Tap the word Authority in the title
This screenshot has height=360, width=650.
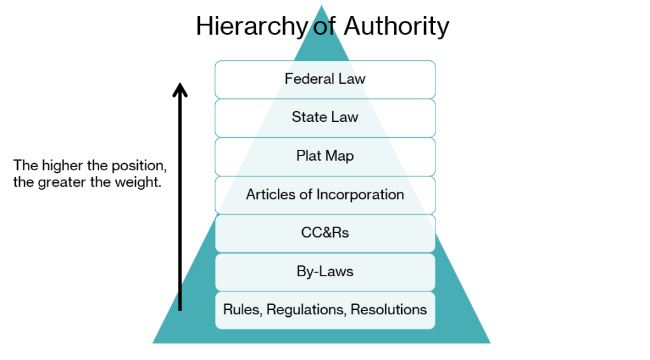pos(396,27)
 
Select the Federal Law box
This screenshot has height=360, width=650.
pos(325,79)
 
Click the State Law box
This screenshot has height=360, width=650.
pos(325,117)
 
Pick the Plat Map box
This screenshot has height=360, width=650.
pos(325,156)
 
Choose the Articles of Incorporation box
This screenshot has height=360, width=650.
pos(325,195)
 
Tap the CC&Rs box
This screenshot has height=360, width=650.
pos(325,233)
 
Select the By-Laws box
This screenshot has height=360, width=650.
pos(325,272)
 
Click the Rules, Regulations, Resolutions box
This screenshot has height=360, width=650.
pos(325,310)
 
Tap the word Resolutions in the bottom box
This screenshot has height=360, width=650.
pos(388,310)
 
